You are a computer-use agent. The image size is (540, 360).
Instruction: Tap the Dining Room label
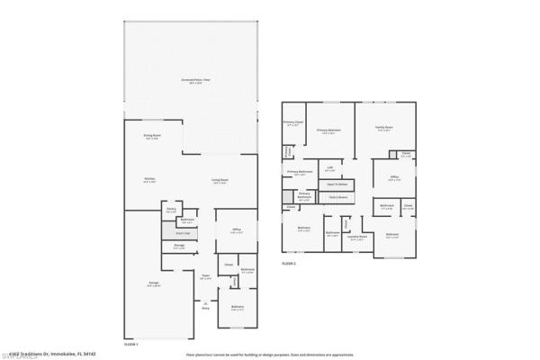[x=151, y=137]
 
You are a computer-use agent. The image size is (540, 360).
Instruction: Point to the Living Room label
[x=219, y=183]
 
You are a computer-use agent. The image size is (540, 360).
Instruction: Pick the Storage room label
[x=179, y=246]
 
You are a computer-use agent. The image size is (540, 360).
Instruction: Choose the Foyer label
[x=205, y=276]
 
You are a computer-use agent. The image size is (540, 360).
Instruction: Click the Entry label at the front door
[x=205, y=309]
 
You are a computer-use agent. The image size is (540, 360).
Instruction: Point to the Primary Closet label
[x=292, y=123]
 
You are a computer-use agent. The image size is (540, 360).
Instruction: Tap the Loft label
[x=330, y=168]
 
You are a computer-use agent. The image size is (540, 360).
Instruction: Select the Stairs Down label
[x=338, y=196]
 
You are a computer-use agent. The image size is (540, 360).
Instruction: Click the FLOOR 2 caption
[x=289, y=264]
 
